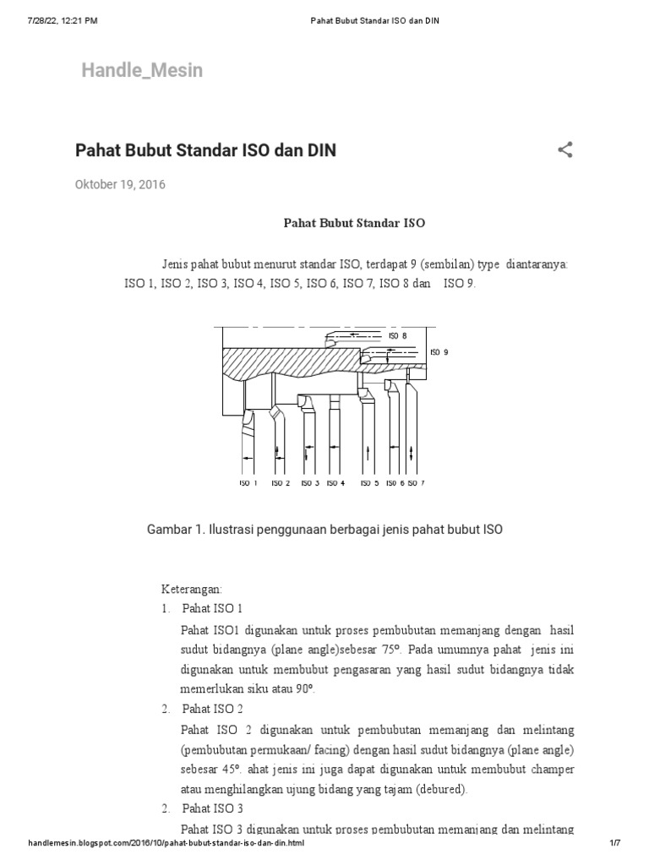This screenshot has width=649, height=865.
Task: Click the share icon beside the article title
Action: (x=565, y=151)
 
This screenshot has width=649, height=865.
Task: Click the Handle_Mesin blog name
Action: (x=142, y=70)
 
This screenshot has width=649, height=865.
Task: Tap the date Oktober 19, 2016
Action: (x=120, y=185)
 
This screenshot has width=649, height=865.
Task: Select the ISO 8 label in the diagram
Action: (x=397, y=335)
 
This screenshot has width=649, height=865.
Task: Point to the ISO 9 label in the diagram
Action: (x=439, y=352)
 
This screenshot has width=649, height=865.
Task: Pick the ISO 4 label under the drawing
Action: (x=335, y=484)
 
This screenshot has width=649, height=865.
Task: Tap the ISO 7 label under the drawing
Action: (x=416, y=484)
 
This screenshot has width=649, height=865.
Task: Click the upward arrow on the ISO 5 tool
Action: (x=368, y=454)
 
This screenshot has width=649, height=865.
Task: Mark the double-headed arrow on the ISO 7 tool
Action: (x=412, y=454)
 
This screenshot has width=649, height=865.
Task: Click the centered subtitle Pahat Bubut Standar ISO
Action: (x=353, y=224)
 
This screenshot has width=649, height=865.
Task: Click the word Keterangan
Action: (x=192, y=587)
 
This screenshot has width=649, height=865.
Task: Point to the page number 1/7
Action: (x=614, y=844)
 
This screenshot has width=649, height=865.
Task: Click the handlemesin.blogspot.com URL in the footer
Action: (x=166, y=844)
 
